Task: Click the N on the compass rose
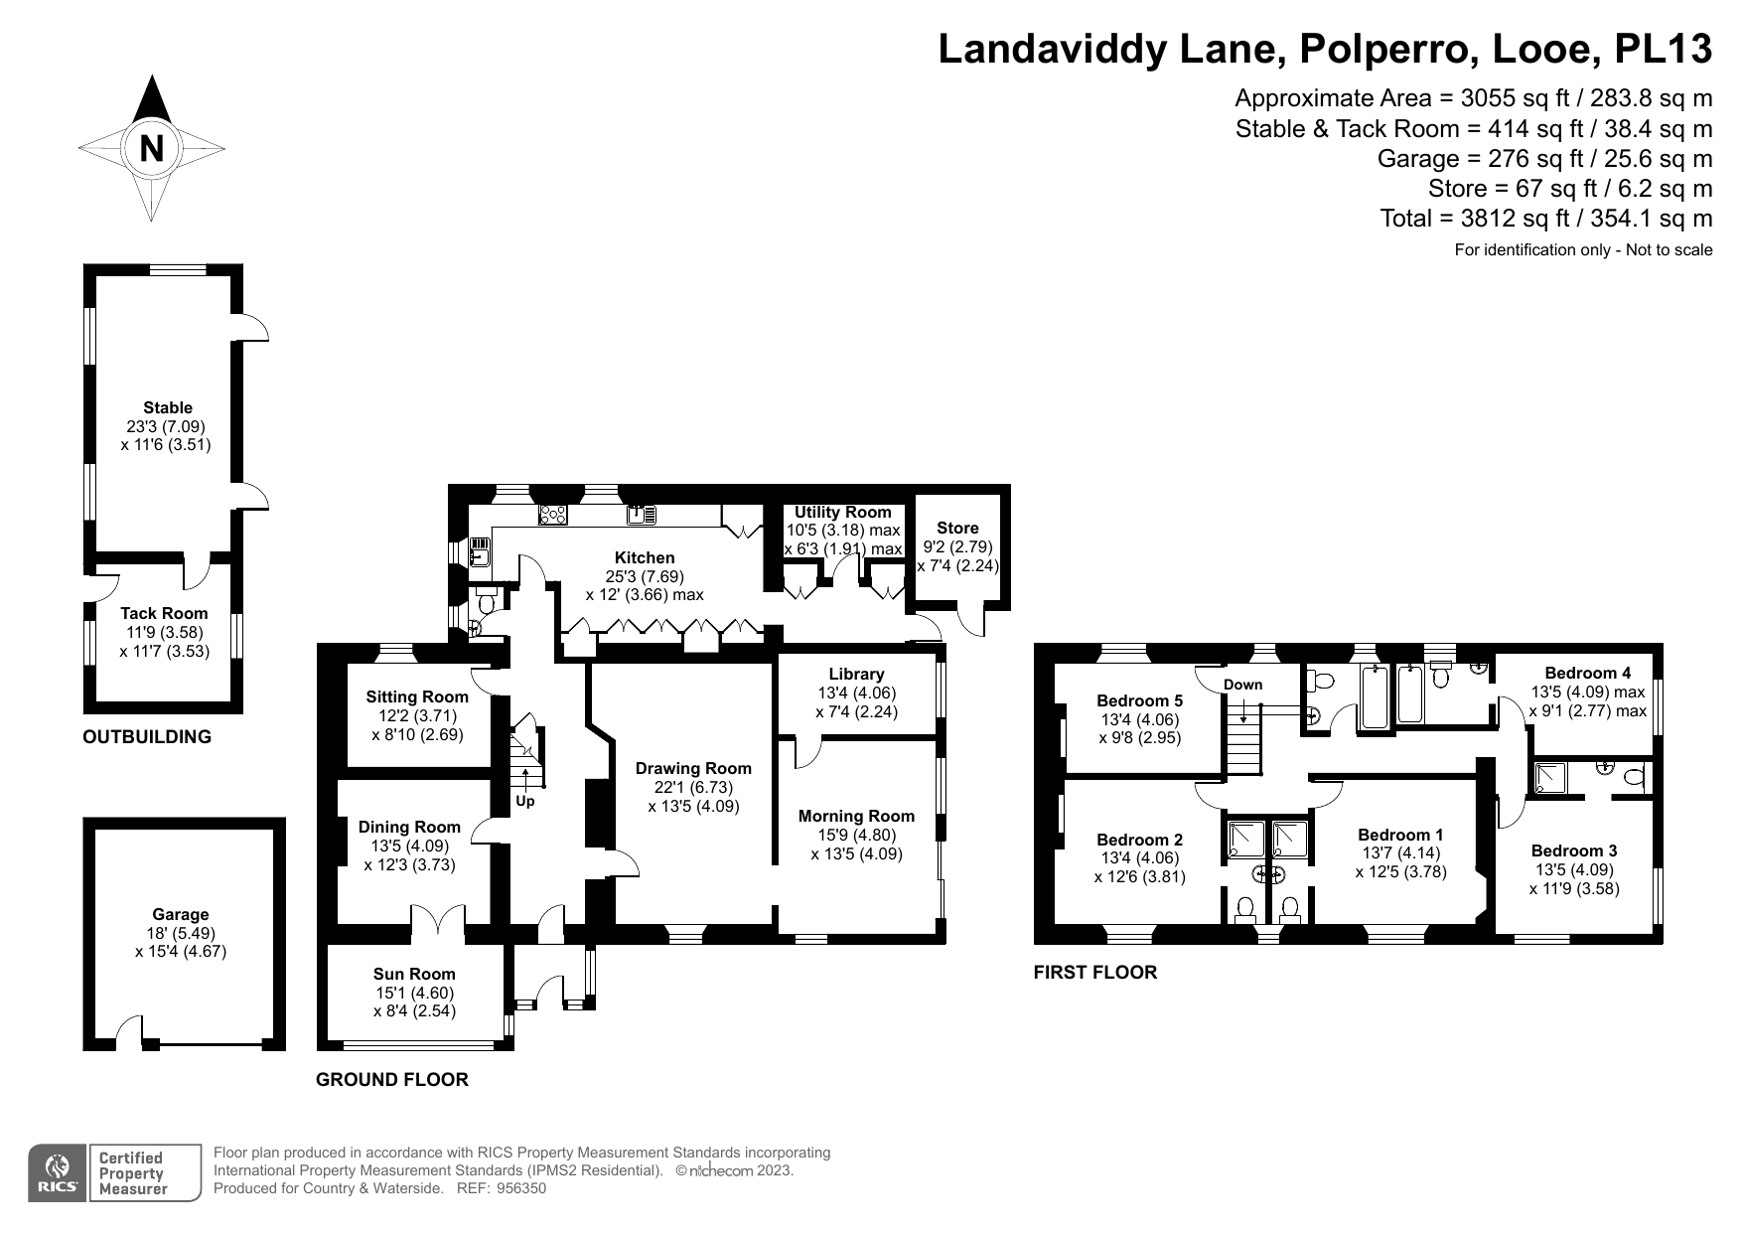point(152,149)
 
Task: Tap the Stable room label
point(168,407)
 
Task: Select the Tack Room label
point(164,614)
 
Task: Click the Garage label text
point(181,914)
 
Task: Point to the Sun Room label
point(414,974)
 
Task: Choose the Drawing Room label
point(693,768)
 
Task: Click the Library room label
point(856,675)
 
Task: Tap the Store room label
point(957,528)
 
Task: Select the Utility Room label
point(842,512)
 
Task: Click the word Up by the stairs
point(524,801)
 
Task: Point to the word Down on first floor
point(1242,685)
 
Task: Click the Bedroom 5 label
point(1139,700)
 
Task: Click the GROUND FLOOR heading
point(391,1080)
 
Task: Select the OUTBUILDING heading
point(147,737)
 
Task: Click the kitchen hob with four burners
point(553,515)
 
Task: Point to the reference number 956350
point(520,1188)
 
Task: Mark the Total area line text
point(1546,219)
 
